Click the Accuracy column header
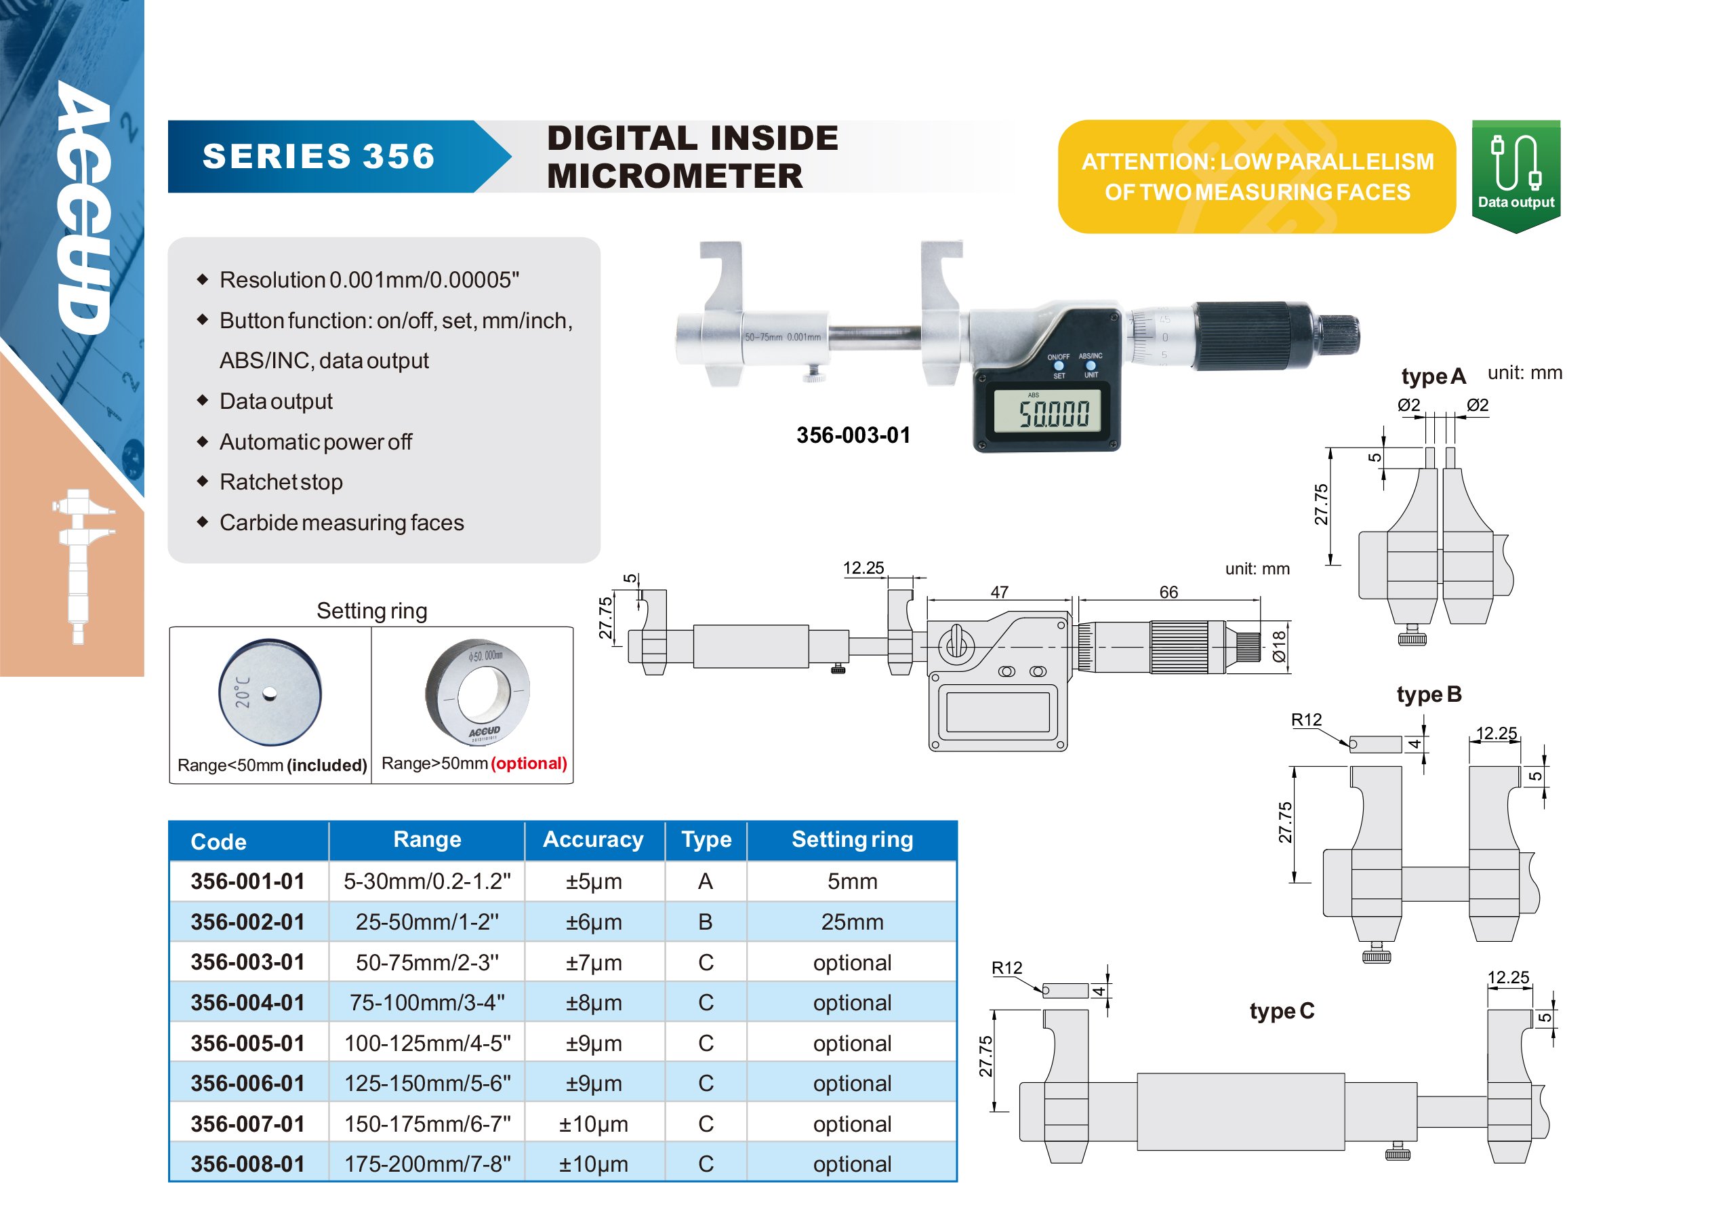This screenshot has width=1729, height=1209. click(x=594, y=839)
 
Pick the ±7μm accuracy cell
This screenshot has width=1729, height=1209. click(x=594, y=963)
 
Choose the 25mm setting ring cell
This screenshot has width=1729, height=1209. click(x=852, y=922)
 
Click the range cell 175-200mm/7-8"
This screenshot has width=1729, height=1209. click(x=427, y=1164)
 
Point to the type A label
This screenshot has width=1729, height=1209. click(x=1433, y=376)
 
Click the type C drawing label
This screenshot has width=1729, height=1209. click(x=1282, y=1011)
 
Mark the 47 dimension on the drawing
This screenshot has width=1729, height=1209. click(x=998, y=592)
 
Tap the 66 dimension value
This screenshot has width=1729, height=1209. click(x=1168, y=592)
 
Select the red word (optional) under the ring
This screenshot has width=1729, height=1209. click(x=529, y=763)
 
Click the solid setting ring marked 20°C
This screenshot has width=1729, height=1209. click(x=270, y=692)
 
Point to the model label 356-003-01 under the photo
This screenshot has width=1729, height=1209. click(x=853, y=435)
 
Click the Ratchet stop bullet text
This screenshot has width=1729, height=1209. click(x=281, y=481)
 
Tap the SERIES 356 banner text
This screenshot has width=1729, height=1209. click(x=319, y=156)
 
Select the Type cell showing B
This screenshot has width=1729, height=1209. click(x=706, y=922)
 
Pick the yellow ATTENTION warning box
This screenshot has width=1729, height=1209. click(x=1256, y=176)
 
